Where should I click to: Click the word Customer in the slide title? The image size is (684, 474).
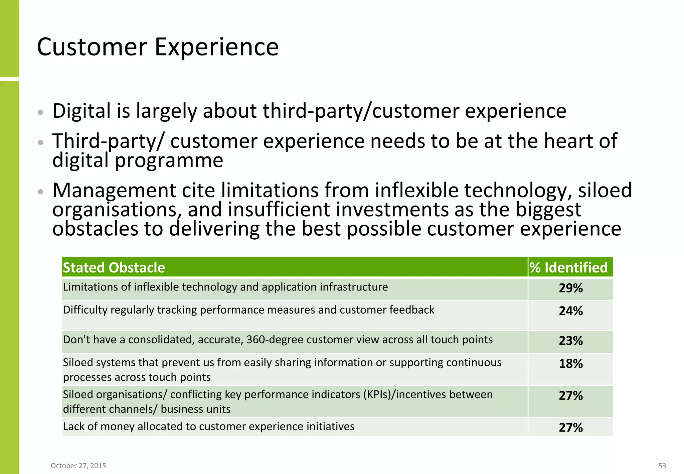click(92, 47)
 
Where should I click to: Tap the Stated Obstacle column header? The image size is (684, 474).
click(114, 267)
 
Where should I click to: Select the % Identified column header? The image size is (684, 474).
click(568, 267)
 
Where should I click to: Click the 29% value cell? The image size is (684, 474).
click(570, 288)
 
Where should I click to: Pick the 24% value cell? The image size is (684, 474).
click(570, 311)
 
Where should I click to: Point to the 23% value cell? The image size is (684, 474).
click(570, 341)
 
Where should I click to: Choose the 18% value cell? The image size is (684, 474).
click(570, 364)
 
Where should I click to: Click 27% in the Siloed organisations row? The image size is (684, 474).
click(570, 396)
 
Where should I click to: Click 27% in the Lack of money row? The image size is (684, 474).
click(570, 428)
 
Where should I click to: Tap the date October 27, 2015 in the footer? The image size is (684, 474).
click(78, 466)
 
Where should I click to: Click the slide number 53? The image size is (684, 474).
click(662, 466)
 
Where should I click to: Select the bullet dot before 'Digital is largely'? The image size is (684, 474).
click(40, 112)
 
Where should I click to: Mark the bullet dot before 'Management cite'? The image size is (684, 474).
click(40, 192)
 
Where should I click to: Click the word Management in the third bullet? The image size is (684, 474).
click(114, 191)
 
